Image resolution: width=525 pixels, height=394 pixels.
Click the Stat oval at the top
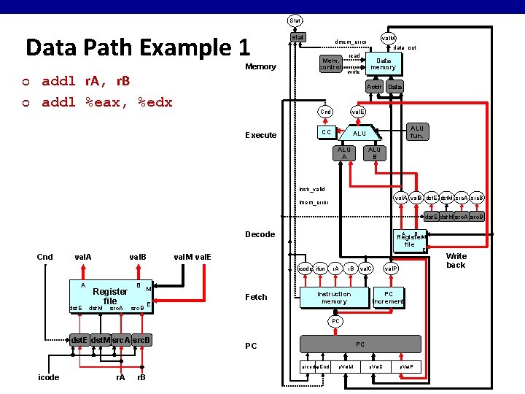pyautogui.click(x=295, y=20)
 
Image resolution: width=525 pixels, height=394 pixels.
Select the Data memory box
pyautogui.click(x=383, y=63)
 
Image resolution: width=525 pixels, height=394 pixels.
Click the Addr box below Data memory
pyautogui.click(x=375, y=87)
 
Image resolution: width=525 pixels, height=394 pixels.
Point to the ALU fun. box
pyautogui.click(x=416, y=131)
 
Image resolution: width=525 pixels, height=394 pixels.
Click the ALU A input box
pyautogui.click(x=342, y=152)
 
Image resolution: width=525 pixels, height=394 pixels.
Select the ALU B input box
pyautogui.click(x=374, y=152)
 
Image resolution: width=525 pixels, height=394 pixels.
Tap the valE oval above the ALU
pyautogui.click(x=358, y=112)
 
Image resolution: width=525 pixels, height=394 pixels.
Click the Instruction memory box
pyautogui.click(x=335, y=298)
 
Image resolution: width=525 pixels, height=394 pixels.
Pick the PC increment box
pyautogui.click(x=388, y=298)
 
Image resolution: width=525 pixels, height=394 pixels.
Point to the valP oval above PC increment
pyautogui.click(x=392, y=269)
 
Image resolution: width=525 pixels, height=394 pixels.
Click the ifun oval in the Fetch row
pyautogui.click(x=320, y=269)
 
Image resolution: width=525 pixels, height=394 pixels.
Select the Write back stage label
pyautogui.click(x=456, y=260)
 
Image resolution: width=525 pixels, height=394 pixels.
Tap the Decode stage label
pyautogui.click(x=260, y=234)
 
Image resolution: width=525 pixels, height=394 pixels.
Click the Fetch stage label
pyautogui.click(x=256, y=297)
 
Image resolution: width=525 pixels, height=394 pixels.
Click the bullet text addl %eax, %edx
pyautogui.click(x=107, y=102)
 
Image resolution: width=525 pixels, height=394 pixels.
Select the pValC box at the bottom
pyautogui.click(x=377, y=366)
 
